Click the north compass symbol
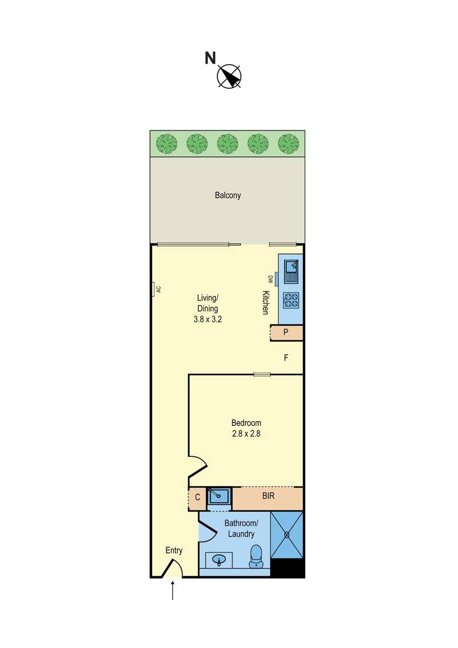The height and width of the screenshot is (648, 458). pyautogui.click(x=230, y=77)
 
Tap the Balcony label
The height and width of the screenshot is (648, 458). pyautogui.click(x=228, y=195)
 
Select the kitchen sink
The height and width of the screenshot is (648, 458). pyautogui.click(x=291, y=270)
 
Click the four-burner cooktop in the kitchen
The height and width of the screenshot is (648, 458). pyautogui.click(x=291, y=300)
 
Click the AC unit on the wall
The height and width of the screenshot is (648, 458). pyautogui.click(x=152, y=289)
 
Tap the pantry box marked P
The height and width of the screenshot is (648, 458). pyautogui.click(x=286, y=333)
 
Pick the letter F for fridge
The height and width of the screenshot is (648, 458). pyautogui.click(x=286, y=358)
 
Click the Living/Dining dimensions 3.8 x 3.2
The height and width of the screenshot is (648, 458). pyautogui.click(x=207, y=319)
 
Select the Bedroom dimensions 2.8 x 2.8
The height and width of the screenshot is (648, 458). pyautogui.click(x=246, y=433)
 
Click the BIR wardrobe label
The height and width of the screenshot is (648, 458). pyautogui.click(x=269, y=496)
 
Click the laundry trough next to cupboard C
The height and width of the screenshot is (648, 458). pyautogui.click(x=218, y=496)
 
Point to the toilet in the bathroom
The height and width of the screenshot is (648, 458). pyautogui.click(x=256, y=556)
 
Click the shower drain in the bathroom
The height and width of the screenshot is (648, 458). pyautogui.click(x=286, y=535)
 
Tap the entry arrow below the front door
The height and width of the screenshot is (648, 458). pyautogui.click(x=172, y=590)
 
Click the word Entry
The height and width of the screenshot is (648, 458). pyautogui.click(x=174, y=551)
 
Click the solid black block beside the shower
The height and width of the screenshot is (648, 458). pyautogui.click(x=288, y=568)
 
